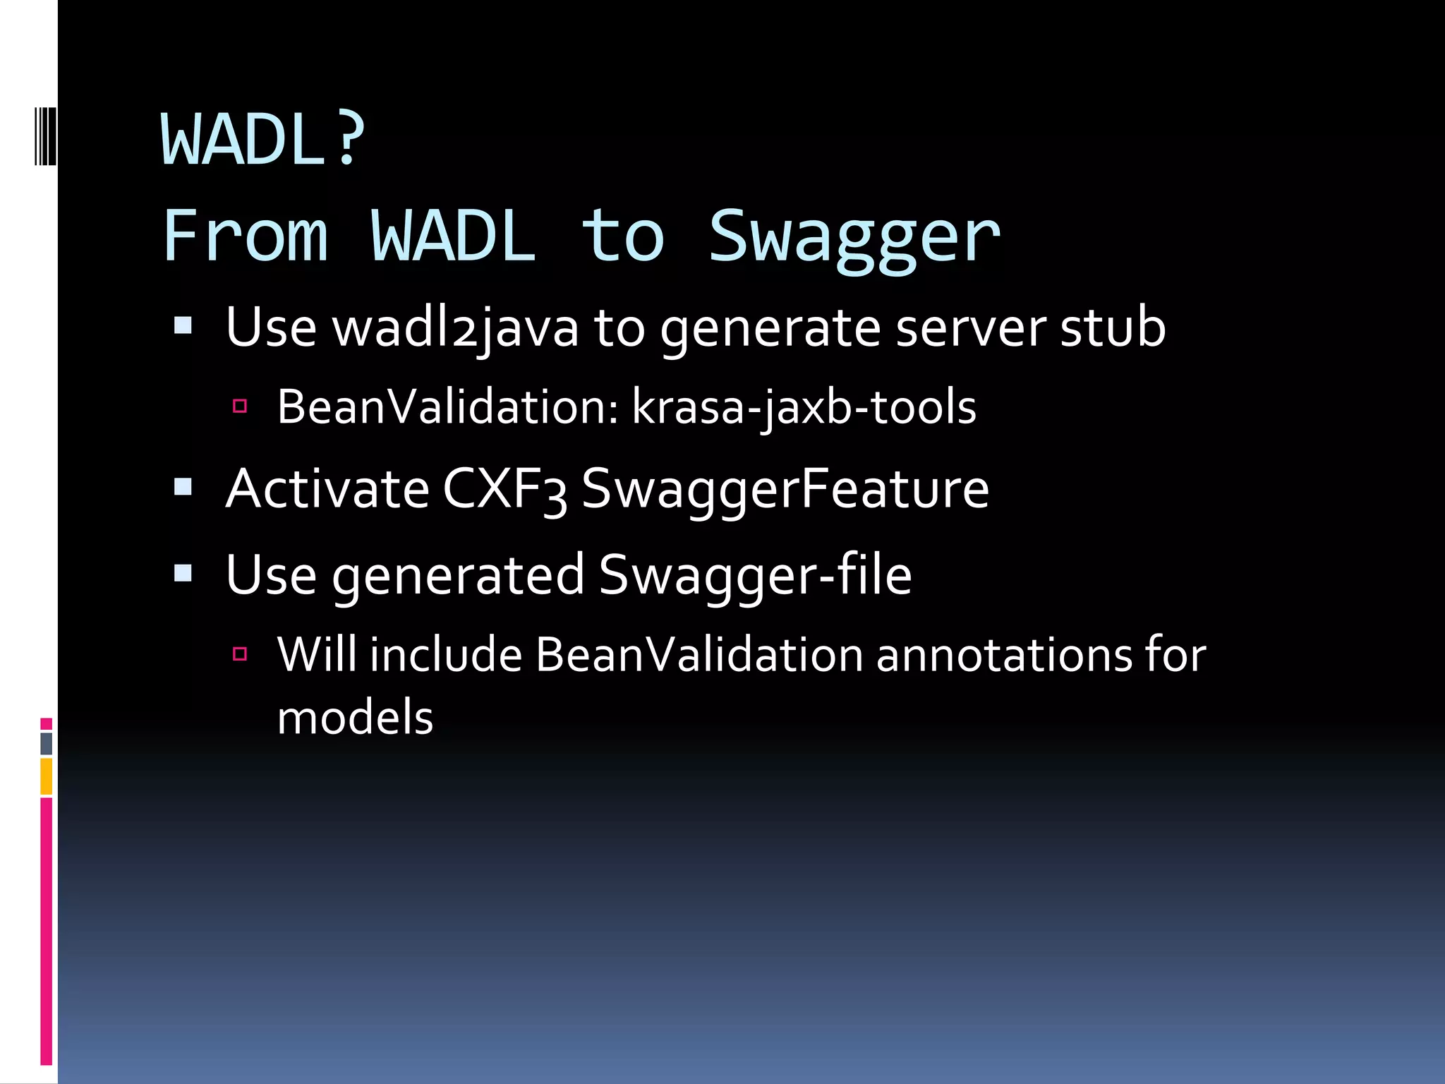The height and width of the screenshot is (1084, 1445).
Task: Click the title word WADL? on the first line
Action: pos(263,140)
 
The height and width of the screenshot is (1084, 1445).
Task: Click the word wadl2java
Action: pos(456,328)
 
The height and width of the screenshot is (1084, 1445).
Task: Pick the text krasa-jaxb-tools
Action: pos(804,408)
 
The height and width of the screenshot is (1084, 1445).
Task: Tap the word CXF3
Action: pos(504,490)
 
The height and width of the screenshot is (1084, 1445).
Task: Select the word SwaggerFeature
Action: pos(785,490)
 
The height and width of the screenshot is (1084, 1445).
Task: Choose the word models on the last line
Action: pos(355,718)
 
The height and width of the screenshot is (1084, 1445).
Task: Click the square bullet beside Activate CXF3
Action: pos(183,487)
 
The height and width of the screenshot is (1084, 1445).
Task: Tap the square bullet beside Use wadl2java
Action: pos(183,325)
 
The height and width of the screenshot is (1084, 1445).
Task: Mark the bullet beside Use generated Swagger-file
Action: pos(183,573)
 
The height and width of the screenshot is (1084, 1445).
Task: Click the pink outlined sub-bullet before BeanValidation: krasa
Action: pos(240,406)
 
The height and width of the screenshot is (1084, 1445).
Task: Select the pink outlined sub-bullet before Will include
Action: pos(240,654)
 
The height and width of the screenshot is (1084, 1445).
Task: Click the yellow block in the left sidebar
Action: pos(47,776)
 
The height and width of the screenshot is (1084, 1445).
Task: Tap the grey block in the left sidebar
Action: pos(47,743)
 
